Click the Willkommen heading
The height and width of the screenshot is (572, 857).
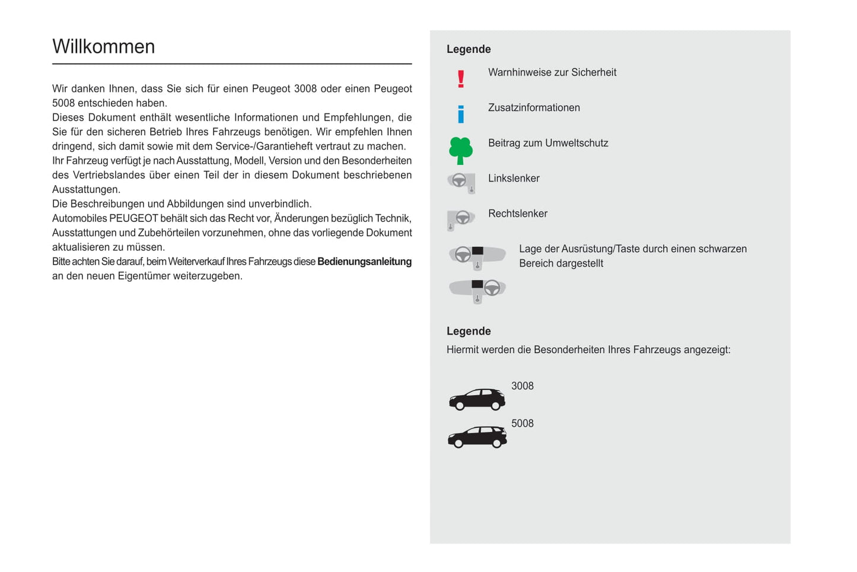103,47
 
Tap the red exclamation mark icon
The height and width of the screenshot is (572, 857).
461,79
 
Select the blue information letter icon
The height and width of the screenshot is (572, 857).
461,114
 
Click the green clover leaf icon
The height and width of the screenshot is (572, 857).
461,150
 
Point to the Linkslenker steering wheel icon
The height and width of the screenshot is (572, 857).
461,182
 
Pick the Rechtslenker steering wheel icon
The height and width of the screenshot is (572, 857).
461,219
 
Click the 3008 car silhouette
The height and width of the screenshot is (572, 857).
477,399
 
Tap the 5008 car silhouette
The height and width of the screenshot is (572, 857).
477,437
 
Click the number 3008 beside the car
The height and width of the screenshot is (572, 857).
522,386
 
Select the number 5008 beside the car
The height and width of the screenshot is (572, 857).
522,424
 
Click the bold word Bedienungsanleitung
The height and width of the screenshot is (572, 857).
364,262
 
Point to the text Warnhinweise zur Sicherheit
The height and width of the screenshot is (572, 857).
552,72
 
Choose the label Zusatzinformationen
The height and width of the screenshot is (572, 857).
534,108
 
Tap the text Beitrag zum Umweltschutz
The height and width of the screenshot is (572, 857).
548,143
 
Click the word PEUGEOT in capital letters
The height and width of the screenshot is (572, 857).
133,218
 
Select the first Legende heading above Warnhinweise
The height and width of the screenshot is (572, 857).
469,49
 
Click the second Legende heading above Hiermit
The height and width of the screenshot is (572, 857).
469,331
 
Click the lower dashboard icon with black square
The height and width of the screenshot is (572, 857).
477,290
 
